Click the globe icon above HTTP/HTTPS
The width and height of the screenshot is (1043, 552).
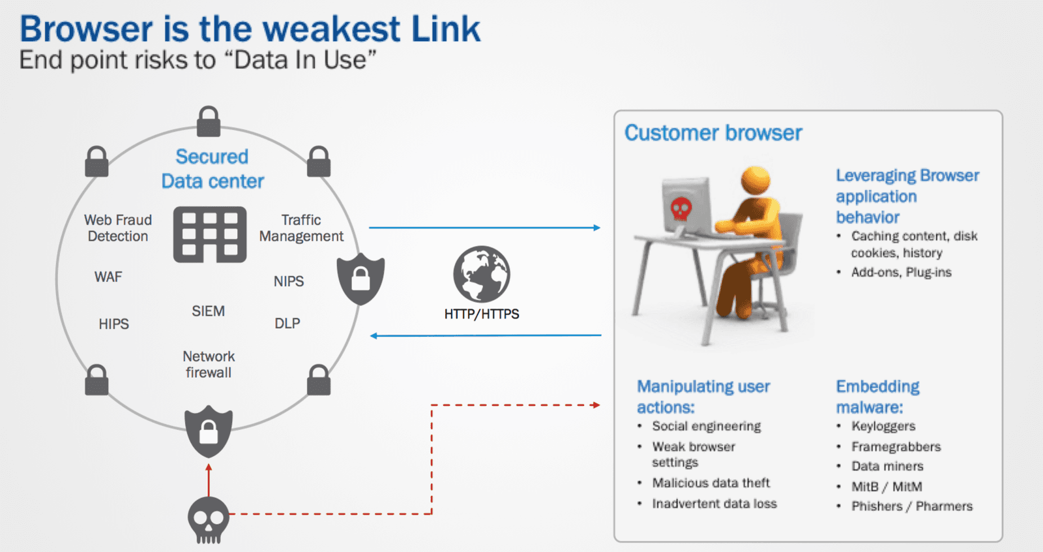click(482, 274)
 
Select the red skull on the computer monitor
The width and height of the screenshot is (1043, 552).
click(681, 209)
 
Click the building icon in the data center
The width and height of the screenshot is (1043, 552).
click(210, 235)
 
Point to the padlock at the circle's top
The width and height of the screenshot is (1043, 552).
click(209, 121)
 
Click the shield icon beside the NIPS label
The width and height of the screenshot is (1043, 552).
click(360, 279)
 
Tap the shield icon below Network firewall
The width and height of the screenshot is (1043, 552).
click(209, 431)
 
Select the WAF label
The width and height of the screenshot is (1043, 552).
click(108, 277)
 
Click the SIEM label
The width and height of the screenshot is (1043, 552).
click(208, 311)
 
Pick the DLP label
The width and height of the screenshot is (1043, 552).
click(287, 324)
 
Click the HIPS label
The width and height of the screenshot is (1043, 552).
click(113, 324)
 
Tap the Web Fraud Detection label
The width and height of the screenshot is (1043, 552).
click(118, 228)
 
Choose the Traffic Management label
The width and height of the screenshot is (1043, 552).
click(301, 228)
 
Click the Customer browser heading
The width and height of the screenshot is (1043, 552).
click(713, 133)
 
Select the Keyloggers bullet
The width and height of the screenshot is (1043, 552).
click(883, 426)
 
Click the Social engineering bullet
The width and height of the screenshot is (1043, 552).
click(706, 426)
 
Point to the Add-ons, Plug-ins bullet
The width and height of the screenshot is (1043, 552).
click(901, 272)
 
